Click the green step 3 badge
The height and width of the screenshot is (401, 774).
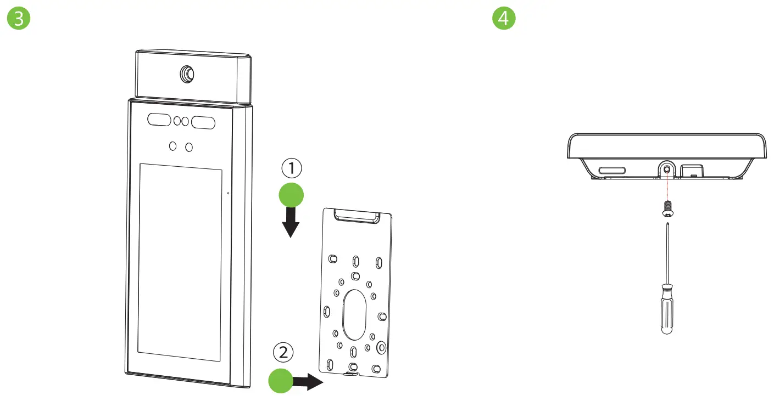pyautogui.click(x=19, y=18)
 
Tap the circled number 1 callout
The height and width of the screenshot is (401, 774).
pyautogui.click(x=291, y=168)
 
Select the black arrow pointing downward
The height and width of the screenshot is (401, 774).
pyautogui.click(x=291, y=222)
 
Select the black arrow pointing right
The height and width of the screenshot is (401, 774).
pyautogui.click(x=311, y=381)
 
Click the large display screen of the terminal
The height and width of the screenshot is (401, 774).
pyautogui.click(x=180, y=262)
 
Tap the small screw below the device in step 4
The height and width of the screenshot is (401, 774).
pyautogui.click(x=666, y=208)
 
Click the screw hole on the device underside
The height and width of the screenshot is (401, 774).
pyautogui.click(x=666, y=171)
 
